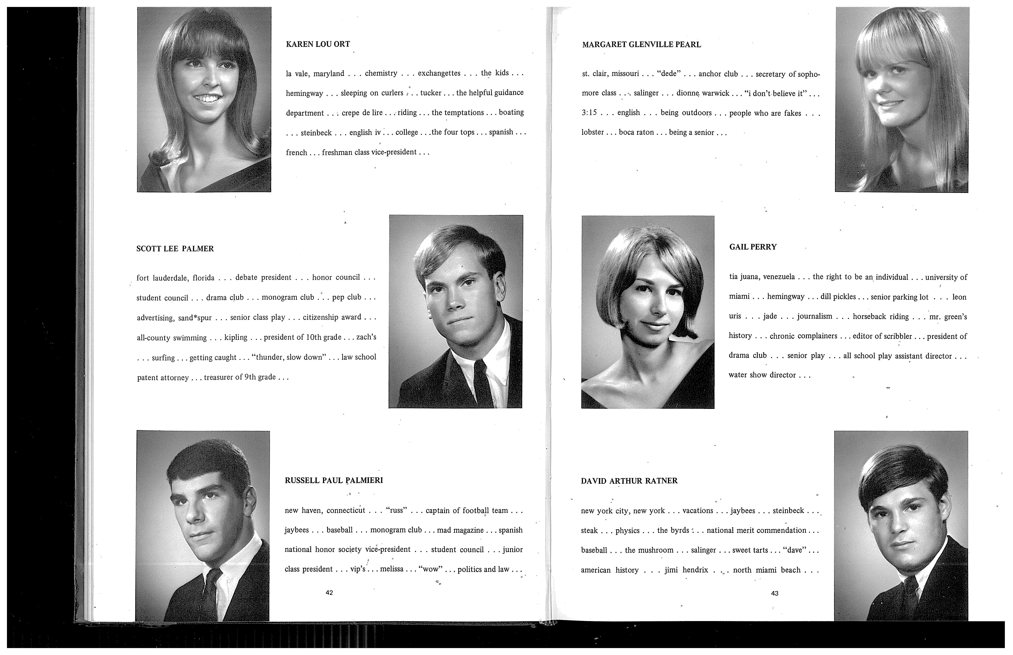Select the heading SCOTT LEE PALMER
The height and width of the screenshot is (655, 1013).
tap(175, 249)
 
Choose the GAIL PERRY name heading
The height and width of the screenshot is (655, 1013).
tap(753, 247)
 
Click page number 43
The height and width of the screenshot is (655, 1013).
tap(775, 593)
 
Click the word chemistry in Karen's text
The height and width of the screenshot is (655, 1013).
tap(381, 73)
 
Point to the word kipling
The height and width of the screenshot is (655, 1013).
tap(236, 337)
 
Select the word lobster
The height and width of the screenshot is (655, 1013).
tap(593, 132)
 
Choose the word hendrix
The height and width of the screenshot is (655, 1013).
tap(695, 570)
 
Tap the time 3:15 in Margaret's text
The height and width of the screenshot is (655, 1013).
tap(589, 113)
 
